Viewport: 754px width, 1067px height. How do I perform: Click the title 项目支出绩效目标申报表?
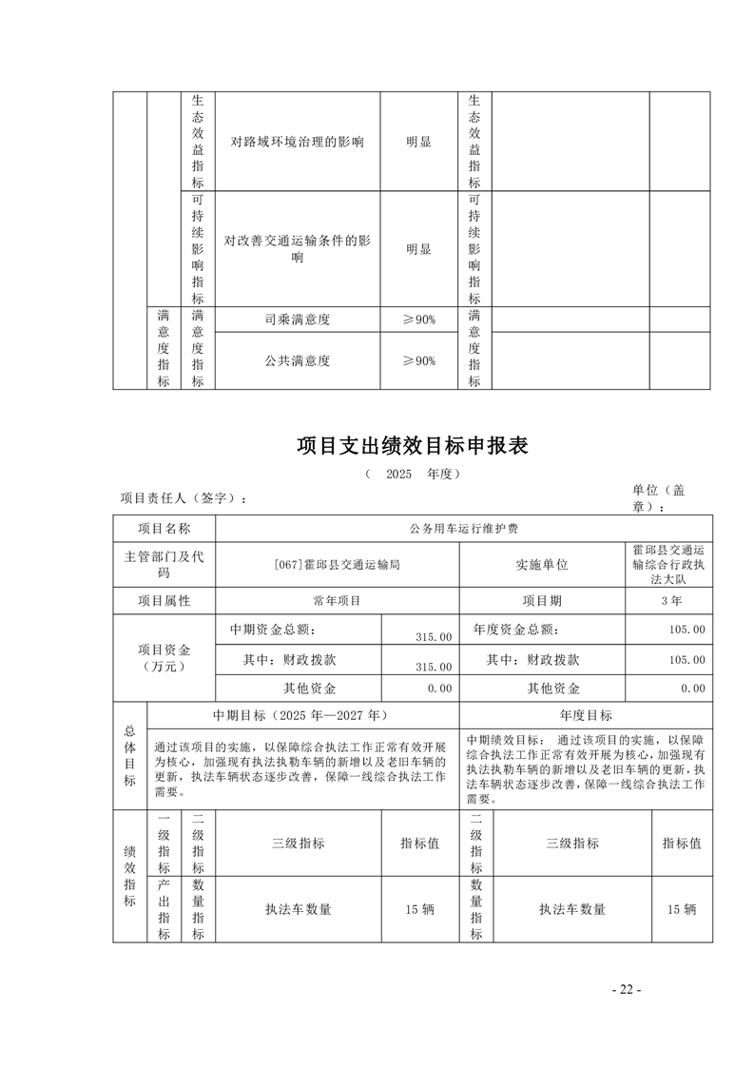point(412,445)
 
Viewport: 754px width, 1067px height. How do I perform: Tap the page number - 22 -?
point(627,990)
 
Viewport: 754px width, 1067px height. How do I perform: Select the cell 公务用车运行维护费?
point(464,529)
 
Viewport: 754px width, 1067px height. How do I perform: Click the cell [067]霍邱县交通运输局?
point(337,564)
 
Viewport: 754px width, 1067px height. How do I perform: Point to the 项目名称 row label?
point(164,529)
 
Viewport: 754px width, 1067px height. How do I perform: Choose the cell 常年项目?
point(337,601)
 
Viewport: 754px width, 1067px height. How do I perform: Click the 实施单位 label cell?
point(542,564)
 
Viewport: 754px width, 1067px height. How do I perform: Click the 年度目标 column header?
point(587,715)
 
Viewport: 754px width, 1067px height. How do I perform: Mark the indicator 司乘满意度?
point(298,320)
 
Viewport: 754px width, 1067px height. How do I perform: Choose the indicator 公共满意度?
point(298,360)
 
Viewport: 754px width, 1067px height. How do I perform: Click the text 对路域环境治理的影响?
point(298,143)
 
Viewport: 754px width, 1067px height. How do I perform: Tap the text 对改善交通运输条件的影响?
point(298,249)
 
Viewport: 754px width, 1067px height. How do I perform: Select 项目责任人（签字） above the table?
point(184,498)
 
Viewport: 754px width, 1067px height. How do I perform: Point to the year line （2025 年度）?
point(412,474)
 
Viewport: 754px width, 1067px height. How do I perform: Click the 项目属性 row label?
point(164,601)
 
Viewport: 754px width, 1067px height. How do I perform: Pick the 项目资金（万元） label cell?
point(164,658)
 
